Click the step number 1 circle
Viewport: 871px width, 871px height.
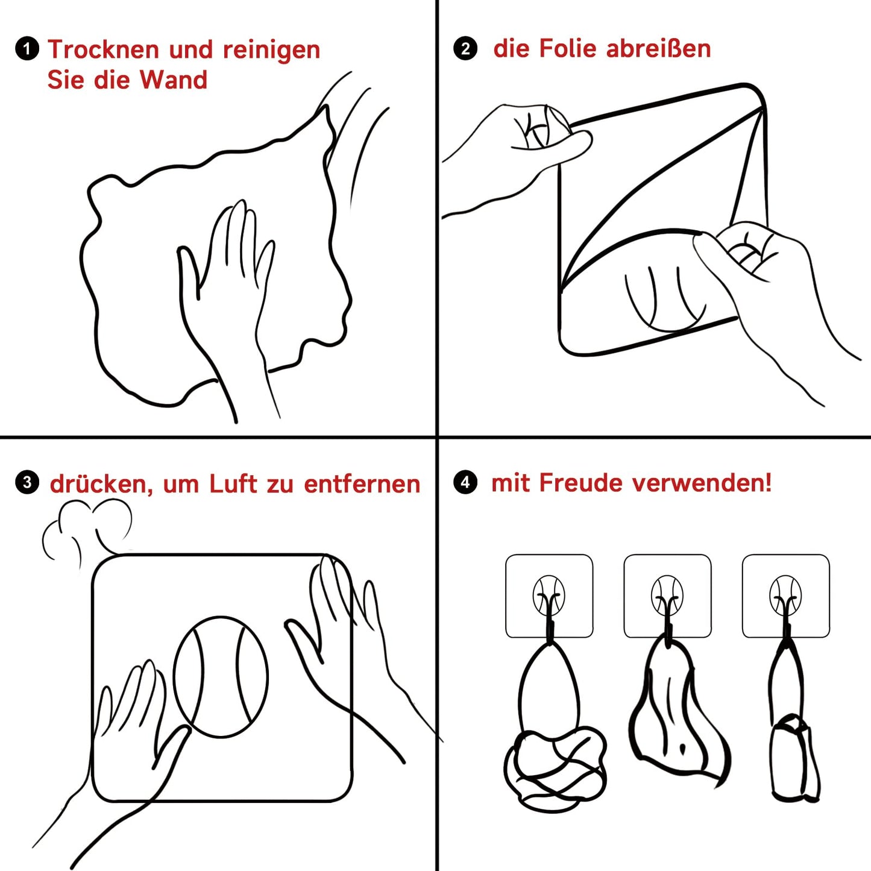point(27,49)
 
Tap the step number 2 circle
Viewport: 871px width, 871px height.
point(465,48)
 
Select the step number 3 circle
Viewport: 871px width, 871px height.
point(27,482)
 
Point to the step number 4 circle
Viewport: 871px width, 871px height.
point(465,482)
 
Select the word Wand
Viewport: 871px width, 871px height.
point(174,80)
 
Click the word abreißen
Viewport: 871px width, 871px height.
point(659,48)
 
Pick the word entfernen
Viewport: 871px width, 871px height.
point(362,483)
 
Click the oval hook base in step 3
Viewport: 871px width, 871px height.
point(221,677)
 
